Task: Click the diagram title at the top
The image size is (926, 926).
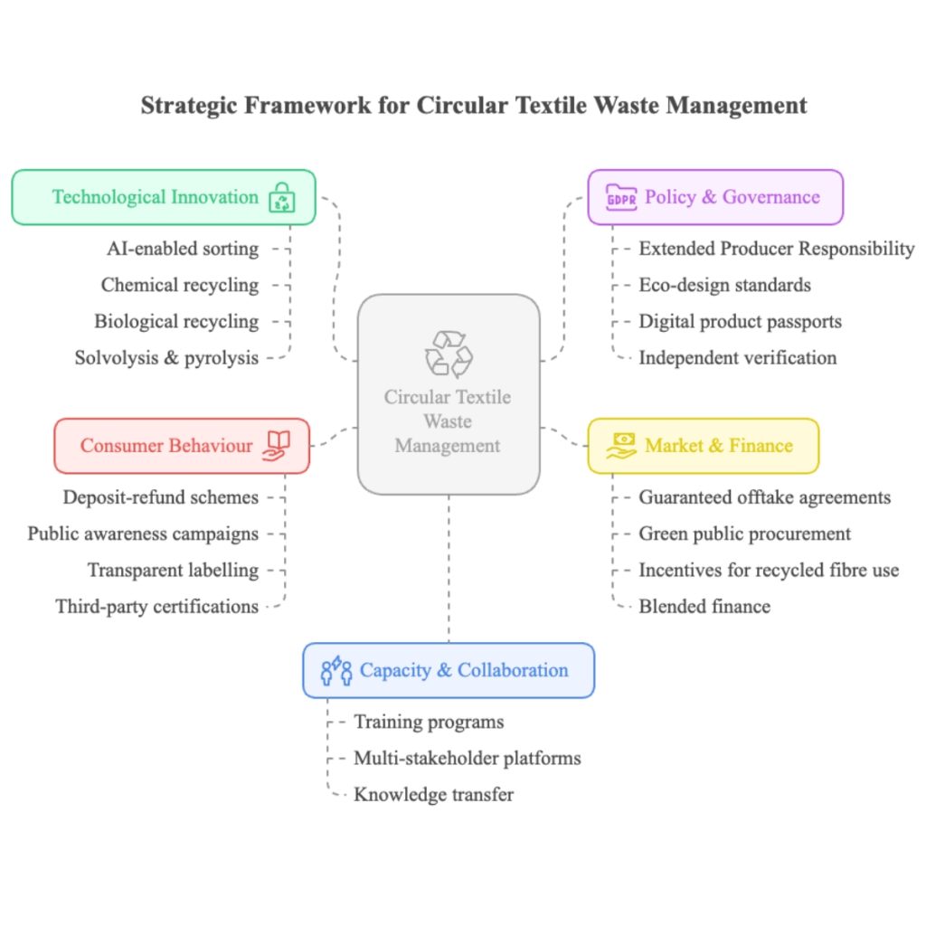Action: coord(474,105)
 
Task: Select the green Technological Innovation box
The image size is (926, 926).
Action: coord(164,197)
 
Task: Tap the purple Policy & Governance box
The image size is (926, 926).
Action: coord(715,197)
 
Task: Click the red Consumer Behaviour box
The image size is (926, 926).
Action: coord(182,446)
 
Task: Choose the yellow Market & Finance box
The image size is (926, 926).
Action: coord(703,446)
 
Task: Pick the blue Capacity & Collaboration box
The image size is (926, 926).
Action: coord(449,670)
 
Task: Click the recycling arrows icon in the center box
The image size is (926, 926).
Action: coord(449,353)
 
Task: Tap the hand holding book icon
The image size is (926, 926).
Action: coord(277,445)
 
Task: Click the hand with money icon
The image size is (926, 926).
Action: coord(621,446)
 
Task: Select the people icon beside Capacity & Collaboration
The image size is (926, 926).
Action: coord(336,670)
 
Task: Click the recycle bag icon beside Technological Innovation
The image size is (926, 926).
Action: coord(282,198)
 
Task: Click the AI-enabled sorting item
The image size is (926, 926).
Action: coord(181,248)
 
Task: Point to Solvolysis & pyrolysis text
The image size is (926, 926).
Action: coord(166,357)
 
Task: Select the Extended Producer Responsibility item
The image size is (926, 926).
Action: coord(776,248)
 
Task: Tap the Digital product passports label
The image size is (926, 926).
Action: coord(740,321)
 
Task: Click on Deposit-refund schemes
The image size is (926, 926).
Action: coord(161,497)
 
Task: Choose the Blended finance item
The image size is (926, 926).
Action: coord(704,606)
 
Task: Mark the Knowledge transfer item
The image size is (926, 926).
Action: coord(433,795)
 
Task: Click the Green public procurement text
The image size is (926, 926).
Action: coord(744,534)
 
